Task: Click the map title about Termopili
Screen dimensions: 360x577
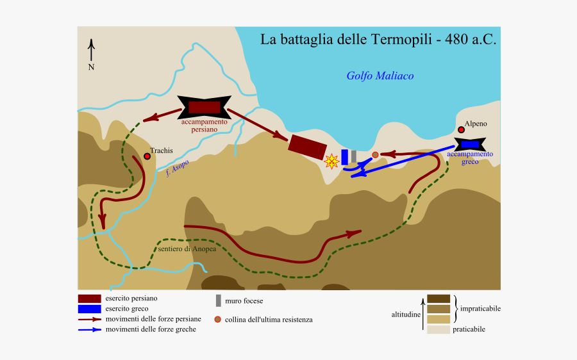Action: tap(378, 40)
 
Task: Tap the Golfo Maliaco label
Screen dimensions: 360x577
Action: tap(380, 76)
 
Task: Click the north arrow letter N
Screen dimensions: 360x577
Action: tap(92, 67)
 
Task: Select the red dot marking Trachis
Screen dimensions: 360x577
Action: tap(147, 156)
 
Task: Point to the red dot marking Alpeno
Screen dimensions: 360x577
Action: tap(461, 129)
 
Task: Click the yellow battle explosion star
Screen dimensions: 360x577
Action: tap(331, 161)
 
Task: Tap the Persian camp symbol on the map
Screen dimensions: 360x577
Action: tap(204, 107)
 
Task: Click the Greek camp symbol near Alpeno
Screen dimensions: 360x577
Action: tap(470, 145)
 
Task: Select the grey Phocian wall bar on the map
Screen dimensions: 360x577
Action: tap(353, 156)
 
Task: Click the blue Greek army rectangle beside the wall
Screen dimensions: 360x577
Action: tap(344, 157)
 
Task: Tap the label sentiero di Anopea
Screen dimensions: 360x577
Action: tap(187, 249)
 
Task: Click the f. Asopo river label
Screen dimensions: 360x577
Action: tap(177, 167)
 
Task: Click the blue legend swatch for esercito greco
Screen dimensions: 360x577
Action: tap(89, 309)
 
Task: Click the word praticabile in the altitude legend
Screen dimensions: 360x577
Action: tap(469, 329)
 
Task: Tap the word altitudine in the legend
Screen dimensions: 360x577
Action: tap(406, 315)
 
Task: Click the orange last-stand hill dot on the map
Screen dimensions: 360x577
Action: tap(375, 154)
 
